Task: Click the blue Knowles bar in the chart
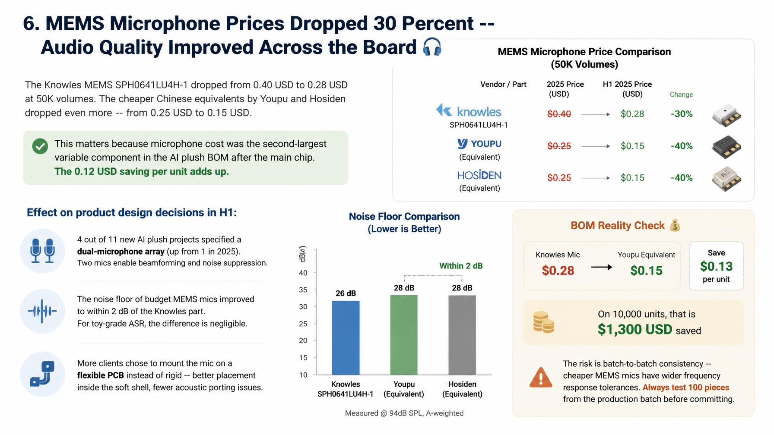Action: [x=346, y=338]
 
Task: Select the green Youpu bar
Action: [x=404, y=335]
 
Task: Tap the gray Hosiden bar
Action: [x=462, y=335]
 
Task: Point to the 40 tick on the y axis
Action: [x=303, y=273]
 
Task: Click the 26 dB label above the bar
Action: [x=346, y=293]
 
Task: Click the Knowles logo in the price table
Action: [x=469, y=111]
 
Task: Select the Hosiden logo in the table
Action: [x=479, y=175]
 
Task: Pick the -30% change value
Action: [x=682, y=114]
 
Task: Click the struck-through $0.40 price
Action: [x=559, y=114]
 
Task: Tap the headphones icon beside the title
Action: [x=432, y=47]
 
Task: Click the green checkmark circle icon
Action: [x=40, y=146]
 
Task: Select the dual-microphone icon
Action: [x=42, y=251]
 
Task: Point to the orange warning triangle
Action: [x=541, y=378]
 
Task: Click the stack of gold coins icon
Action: [x=543, y=322]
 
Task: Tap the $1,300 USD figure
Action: [x=635, y=330]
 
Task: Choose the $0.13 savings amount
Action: [x=716, y=266]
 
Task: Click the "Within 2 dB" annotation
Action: [x=461, y=266]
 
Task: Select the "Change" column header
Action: [x=681, y=95]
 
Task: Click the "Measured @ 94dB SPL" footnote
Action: [x=404, y=413]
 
